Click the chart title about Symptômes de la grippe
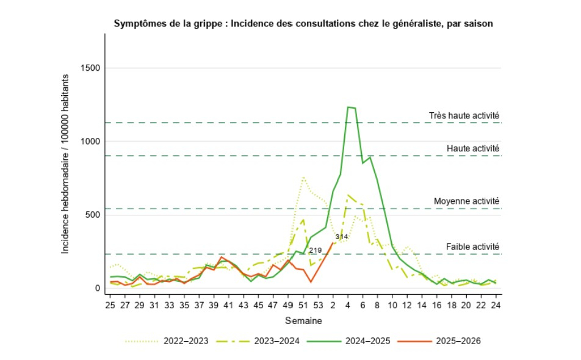(x=303, y=23)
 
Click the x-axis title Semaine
(x=303, y=320)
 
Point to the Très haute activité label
(x=464, y=115)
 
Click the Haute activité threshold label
(x=473, y=148)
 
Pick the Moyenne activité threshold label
(x=466, y=201)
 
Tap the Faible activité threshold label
(x=472, y=246)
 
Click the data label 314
(x=342, y=237)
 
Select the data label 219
(x=315, y=250)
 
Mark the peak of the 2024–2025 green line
(x=348, y=107)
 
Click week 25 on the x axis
(x=110, y=304)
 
